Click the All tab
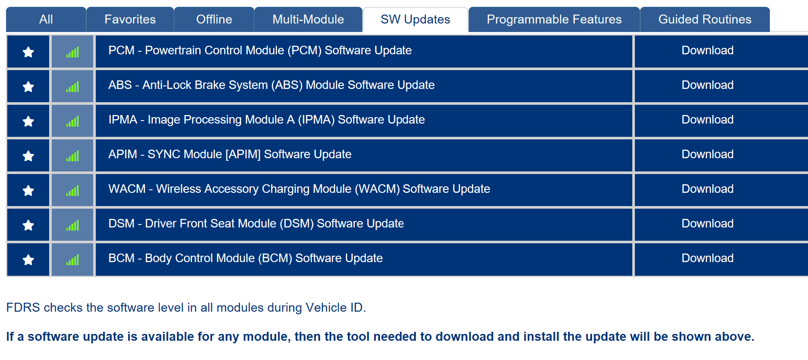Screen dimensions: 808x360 pyautogui.click(x=46, y=19)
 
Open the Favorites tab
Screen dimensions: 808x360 pyautogui.click(x=130, y=19)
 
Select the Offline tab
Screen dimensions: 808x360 pyautogui.click(x=214, y=19)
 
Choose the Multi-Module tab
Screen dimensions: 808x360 pyautogui.click(x=308, y=19)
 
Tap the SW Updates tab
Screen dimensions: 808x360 pyautogui.click(x=416, y=19)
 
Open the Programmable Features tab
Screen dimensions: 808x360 pyautogui.click(x=554, y=19)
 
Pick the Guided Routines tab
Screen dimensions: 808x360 pyautogui.click(x=705, y=19)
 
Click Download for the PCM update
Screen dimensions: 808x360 pyautogui.click(x=708, y=50)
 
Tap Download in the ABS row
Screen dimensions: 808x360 pyautogui.click(x=708, y=85)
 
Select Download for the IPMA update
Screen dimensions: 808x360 pyautogui.click(x=708, y=120)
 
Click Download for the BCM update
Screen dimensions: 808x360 pyautogui.click(x=708, y=258)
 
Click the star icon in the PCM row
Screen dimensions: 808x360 pyautogui.click(x=28, y=52)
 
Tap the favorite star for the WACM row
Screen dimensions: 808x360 pyautogui.click(x=28, y=191)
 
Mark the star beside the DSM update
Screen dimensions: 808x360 pyautogui.click(x=28, y=225)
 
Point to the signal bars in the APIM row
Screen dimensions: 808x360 pyautogui.click(x=73, y=156)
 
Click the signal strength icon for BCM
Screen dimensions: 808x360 pyautogui.click(x=73, y=260)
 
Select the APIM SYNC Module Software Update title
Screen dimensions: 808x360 pyautogui.click(x=230, y=154)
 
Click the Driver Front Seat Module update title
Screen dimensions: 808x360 pyautogui.click(x=256, y=224)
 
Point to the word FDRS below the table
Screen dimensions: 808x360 pyautogui.click(x=23, y=308)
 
